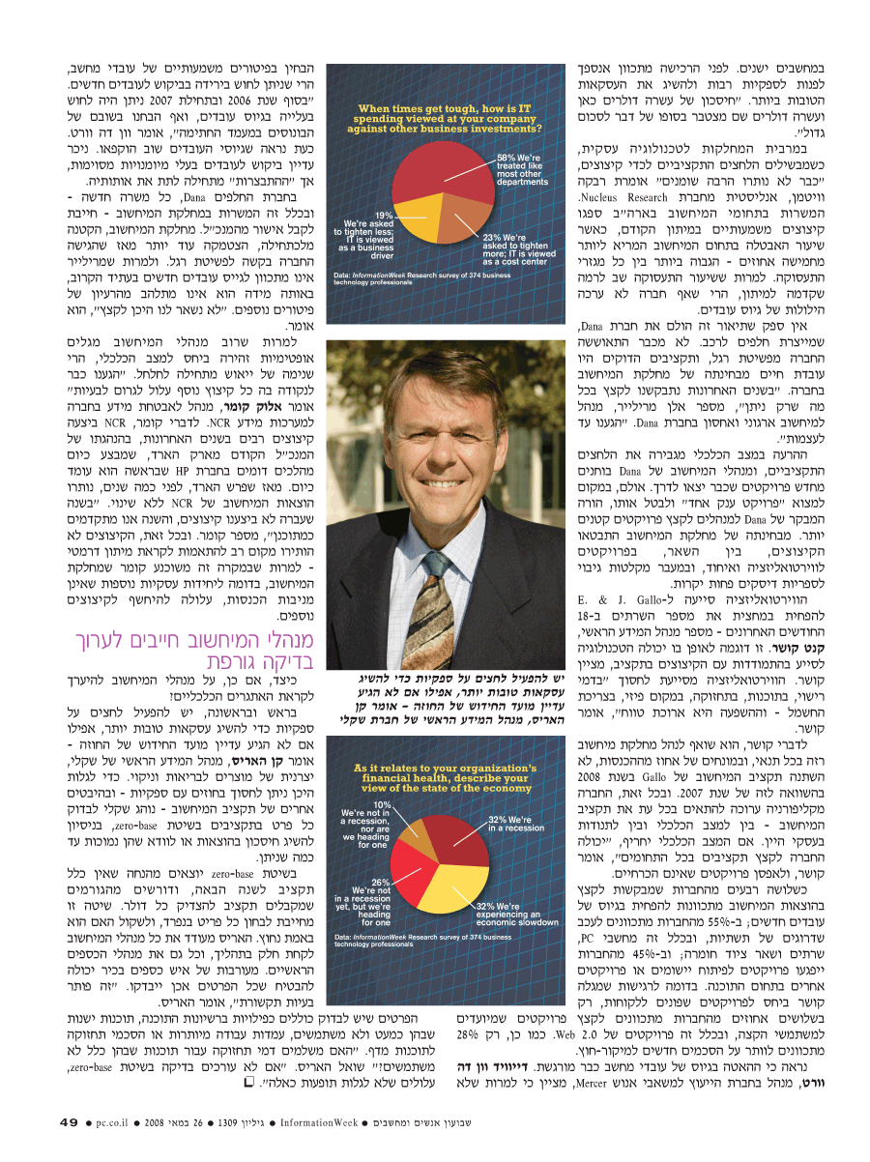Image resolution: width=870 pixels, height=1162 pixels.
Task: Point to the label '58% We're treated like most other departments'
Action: pos(523,168)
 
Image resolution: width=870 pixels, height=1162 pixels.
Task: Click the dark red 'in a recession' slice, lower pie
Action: pos(468,836)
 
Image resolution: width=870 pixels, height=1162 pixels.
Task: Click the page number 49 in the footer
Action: pos(68,1122)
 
